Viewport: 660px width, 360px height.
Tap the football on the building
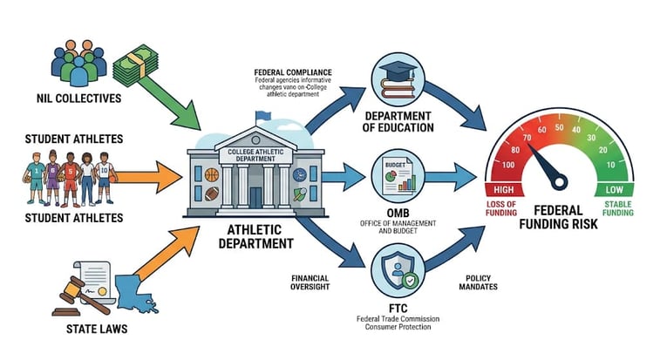pyautogui.click(x=212, y=174)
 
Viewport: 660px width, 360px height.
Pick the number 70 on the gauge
pyautogui.click(x=527, y=137)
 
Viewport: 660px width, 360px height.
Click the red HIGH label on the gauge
pyautogui.click(x=504, y=188)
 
